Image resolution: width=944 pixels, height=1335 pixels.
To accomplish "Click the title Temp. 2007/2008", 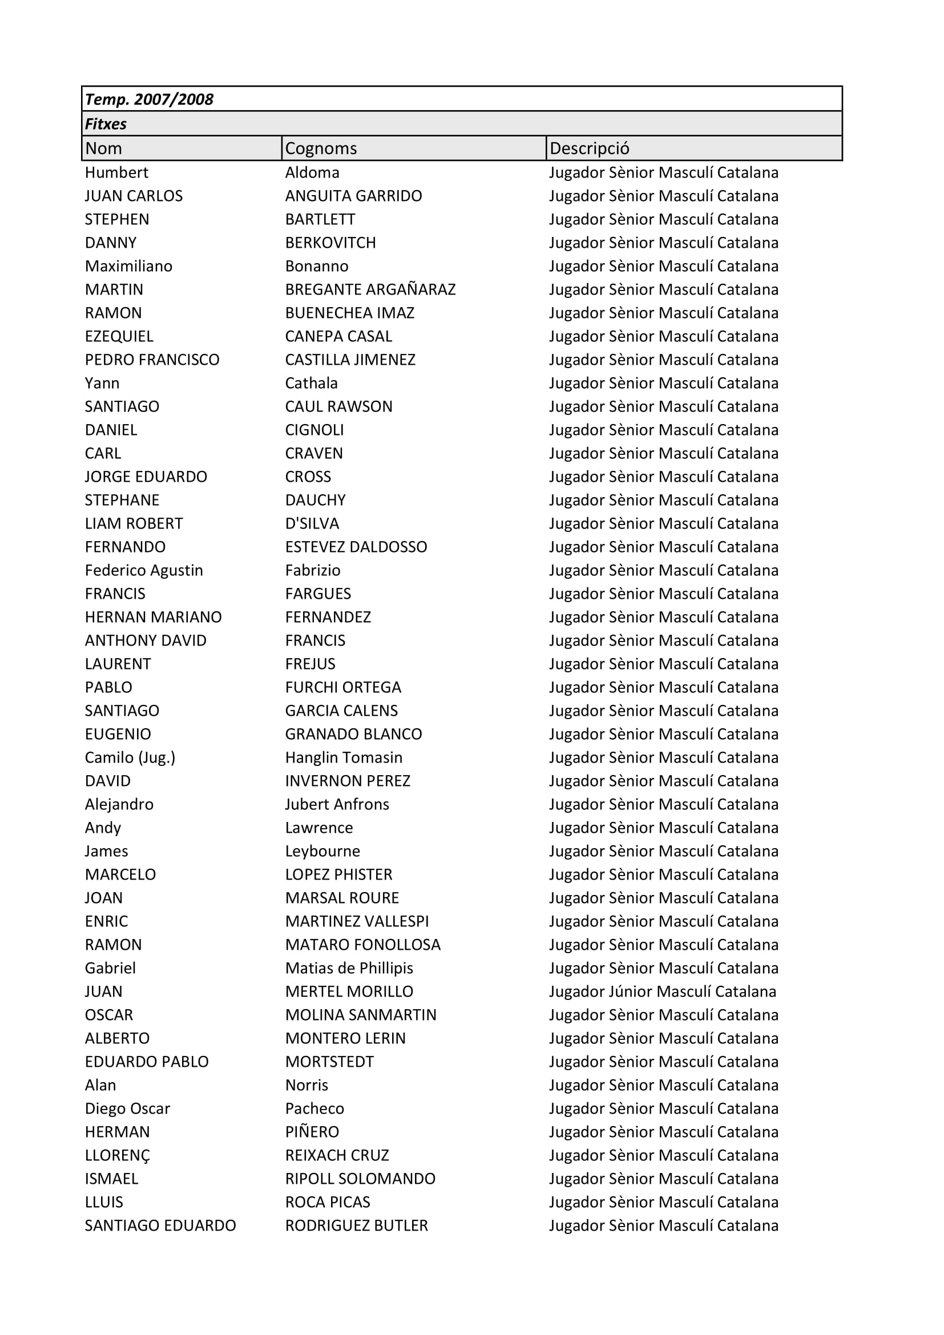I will tap(149, 99).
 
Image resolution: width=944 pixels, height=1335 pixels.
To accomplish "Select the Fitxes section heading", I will tap(105, 124).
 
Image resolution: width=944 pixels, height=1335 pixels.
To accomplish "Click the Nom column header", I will tap(103, 148).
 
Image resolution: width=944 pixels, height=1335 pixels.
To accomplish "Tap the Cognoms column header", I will tap(321, 148).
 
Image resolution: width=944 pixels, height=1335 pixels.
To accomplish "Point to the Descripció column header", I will tap(589, 148).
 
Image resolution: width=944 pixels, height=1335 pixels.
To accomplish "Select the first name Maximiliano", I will tap(128, 266).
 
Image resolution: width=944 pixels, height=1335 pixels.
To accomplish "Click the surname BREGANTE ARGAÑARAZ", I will tap(370, 289).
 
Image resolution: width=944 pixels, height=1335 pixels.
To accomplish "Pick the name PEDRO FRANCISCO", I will tap(152, 360).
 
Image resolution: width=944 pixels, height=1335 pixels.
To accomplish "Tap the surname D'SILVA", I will tap(312, 523).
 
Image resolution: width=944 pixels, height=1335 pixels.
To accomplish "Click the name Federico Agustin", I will tap(144, 570).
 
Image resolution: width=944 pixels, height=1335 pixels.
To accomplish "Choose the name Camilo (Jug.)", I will tap(130, 757).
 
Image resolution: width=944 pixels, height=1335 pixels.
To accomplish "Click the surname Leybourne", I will tap(322, 850).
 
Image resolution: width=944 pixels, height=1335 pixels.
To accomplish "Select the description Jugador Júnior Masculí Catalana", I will tap(662, 991).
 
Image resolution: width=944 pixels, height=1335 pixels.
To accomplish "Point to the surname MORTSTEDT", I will tap(329, 1061).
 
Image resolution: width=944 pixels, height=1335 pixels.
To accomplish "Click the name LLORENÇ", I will tap(118, 1155).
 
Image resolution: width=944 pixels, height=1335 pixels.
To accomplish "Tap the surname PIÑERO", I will tap(312, 1131).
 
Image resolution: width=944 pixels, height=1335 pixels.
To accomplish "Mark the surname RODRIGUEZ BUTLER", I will tap(356, 1225).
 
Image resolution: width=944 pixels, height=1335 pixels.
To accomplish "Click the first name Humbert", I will tap(116, 172).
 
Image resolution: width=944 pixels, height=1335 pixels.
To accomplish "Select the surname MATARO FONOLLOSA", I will tap(363, 944).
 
